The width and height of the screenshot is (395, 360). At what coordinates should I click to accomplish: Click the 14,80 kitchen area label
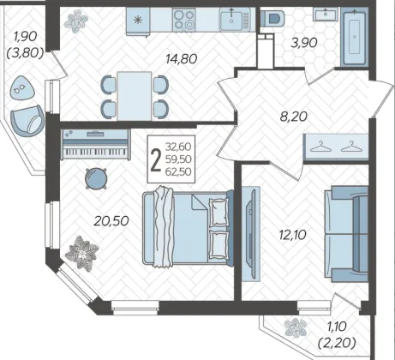coord(182,59)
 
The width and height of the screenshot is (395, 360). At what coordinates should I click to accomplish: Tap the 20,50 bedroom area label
coord(111,221)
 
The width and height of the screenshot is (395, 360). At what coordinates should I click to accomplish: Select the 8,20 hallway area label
coord(294,117)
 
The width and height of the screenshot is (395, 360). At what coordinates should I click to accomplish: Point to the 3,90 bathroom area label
coord(304,43)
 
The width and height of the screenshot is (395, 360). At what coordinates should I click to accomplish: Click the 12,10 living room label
coord(292,235)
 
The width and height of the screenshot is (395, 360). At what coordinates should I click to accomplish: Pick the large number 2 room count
coord(156,160)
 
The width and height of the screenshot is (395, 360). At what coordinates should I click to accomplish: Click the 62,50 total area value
coord(178,171)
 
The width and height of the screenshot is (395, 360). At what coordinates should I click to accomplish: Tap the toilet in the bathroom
coord(272,17)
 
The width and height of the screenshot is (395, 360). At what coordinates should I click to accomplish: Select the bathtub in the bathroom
coord(354,37)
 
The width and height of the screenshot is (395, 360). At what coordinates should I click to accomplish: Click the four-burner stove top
coord(184,20)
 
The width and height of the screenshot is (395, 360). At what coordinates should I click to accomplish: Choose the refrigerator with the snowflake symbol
coord(138,21)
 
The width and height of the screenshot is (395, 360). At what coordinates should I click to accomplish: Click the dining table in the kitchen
coord(135,96)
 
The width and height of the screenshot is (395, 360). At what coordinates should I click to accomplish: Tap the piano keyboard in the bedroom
coord(96,144)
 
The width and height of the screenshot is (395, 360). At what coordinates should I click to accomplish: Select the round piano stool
coord(96,178)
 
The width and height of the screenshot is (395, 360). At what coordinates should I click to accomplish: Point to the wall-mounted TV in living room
coord(251,234)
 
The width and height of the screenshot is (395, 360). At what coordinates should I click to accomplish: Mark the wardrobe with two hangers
coord(336,147)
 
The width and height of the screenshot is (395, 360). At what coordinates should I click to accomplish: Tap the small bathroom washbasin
coord(326,15)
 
